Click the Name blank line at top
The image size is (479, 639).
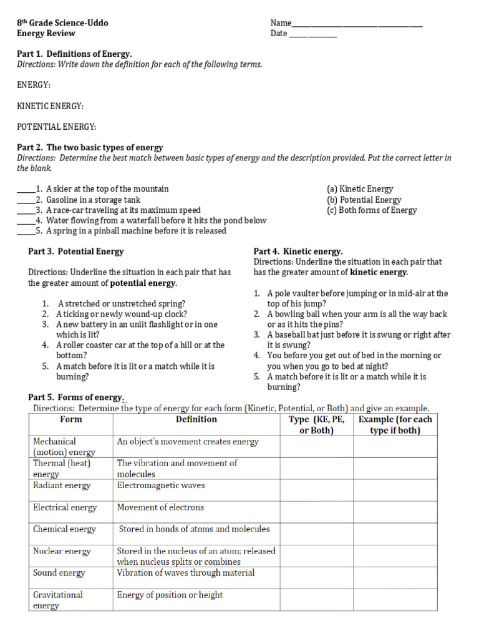[x=357, y=24]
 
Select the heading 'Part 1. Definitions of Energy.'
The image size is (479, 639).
[x=74, y=54]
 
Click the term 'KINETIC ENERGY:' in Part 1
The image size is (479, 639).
[x=50, y=107]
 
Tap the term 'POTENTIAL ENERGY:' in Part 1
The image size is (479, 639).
[x=56, y=127]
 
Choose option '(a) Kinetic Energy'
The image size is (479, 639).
[x=360, y=189]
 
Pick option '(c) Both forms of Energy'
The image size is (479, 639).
[x=371, y=210]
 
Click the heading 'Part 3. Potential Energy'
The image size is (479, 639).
[x=76, y=251]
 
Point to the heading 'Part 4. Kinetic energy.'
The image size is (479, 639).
[x=298, y=251]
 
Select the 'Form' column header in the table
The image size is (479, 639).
[x=71, y=420]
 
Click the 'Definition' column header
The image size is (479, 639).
[x=196, y=420]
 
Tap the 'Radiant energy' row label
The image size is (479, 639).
[x=62, y=485]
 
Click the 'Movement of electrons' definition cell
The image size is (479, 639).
[x=160, y=507]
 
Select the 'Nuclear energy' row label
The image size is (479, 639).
[x=62, y=552]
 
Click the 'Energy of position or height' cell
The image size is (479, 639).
[x=170, y=595]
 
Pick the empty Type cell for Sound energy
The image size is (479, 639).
[x=316, y=573]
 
